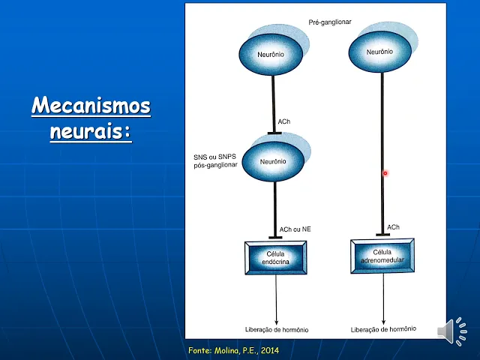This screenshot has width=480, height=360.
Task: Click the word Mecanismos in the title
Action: pyautogui.click(x=91, y=105)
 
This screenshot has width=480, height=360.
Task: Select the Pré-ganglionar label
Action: pyautogui.click(x=330, y=22)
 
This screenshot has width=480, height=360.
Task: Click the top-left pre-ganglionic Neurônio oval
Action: pyautogui.click(x=271, y=54)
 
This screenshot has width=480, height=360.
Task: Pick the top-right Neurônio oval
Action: pyautogui.click(x=380, y=52)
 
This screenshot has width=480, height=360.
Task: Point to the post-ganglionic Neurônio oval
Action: pyautogui.click(x=273, y=161)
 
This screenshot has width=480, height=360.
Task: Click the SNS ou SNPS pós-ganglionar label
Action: pyautogui.click(x=215, y=161)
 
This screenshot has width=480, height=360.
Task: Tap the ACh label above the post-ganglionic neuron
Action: pyautogui.click(x=283, y=121)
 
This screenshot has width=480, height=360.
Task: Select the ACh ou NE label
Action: pyautogui.click(x=295, y=229)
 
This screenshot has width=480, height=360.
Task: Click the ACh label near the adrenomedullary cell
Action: pyautogui.click(x=393, y=227)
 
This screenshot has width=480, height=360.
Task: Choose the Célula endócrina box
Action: pyautogui.click(x=276, y=258)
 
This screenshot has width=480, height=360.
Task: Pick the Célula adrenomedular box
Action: pyautogui.click(x=382, y=256)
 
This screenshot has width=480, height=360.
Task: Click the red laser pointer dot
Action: pyautogui.click(x=385, y=173)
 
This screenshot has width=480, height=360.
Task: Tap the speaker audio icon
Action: pyautogui.click(x=452, y=331)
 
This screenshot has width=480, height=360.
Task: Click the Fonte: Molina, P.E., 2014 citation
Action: pyautogui.click(x=233, y=350)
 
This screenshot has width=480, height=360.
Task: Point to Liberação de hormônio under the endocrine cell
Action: pyautogui.click(x=277, y=330)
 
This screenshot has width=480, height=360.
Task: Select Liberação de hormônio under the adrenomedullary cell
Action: pyautogui.click(x=383, y=329)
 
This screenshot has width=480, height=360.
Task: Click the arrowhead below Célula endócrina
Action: pyautogui.click(x=277, y=322)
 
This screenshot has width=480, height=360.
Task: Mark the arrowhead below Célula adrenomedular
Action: pyautogui.click(x=383, y=322)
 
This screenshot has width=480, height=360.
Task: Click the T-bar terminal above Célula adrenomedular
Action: pyautogui.click(x=382, y=235)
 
